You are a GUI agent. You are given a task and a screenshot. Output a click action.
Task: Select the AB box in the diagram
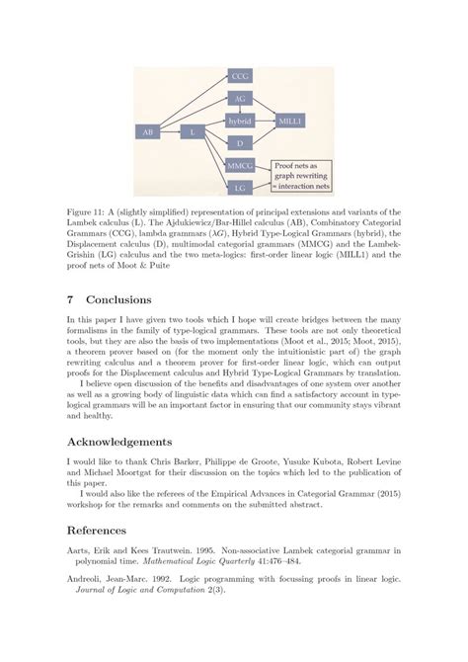(148, 130)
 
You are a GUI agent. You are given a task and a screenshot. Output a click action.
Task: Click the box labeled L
(194, 130)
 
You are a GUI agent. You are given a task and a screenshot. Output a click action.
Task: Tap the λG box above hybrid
(241, 98)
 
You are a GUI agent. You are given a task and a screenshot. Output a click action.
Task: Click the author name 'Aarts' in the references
(78, 584)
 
